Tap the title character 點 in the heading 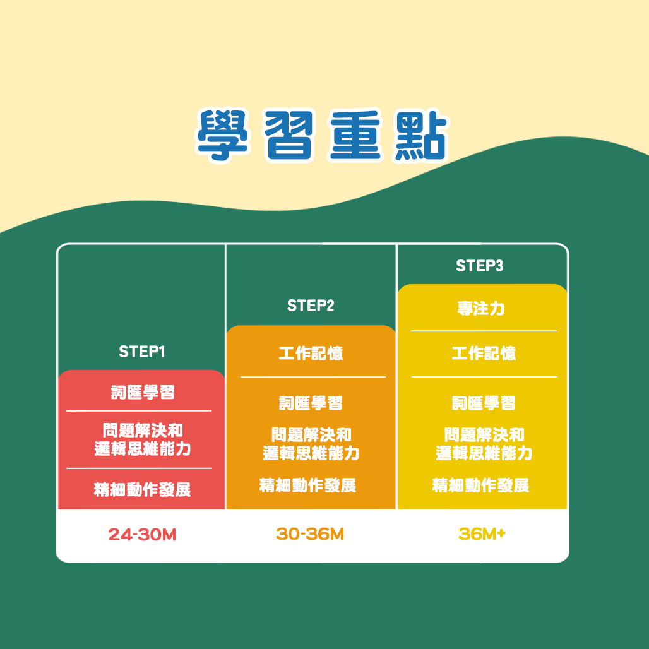[x=417, y=136]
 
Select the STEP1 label [x=142, y=352]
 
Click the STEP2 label [x=311, y=306]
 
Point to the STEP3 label [x=480, y=266]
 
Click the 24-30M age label [x=142, y=535]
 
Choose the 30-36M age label [x=310, y=534]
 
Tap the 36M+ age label [x=482, y=534]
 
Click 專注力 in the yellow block [x=481, y=309]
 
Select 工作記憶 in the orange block [x=311, y=354]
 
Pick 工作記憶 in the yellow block [x=484, y=354]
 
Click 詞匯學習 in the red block [x=143, y=392]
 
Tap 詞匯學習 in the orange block [x=311, y=403]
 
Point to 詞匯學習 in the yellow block [x=484, y=403]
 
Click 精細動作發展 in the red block [x=142, y=489]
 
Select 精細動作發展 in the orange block [x=308, y=485]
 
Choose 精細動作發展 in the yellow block [x=481, y=485]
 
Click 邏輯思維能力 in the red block [x=143, y=450]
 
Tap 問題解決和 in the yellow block [x=484, y=435]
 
